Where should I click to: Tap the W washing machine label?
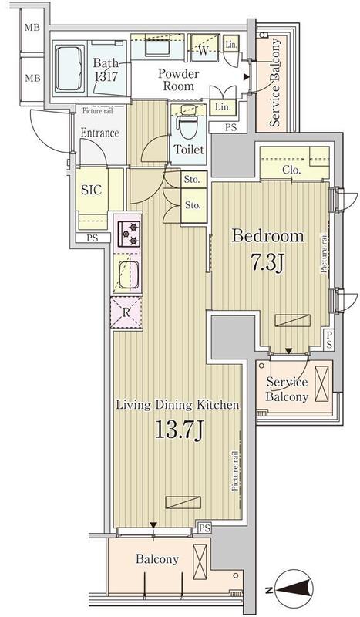[x=204, y=52]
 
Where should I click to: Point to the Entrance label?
[x=100, y=133]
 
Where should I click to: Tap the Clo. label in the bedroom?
[x=291, y=170]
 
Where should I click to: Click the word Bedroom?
[x=269, y=236]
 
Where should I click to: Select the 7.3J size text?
[x=270, y=265]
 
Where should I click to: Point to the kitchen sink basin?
[x=129, y=273]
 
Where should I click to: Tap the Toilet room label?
[x=189, y=150]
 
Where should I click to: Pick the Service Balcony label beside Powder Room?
[x=275, y=82]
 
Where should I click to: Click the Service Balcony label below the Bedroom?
[x=288, y=389]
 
